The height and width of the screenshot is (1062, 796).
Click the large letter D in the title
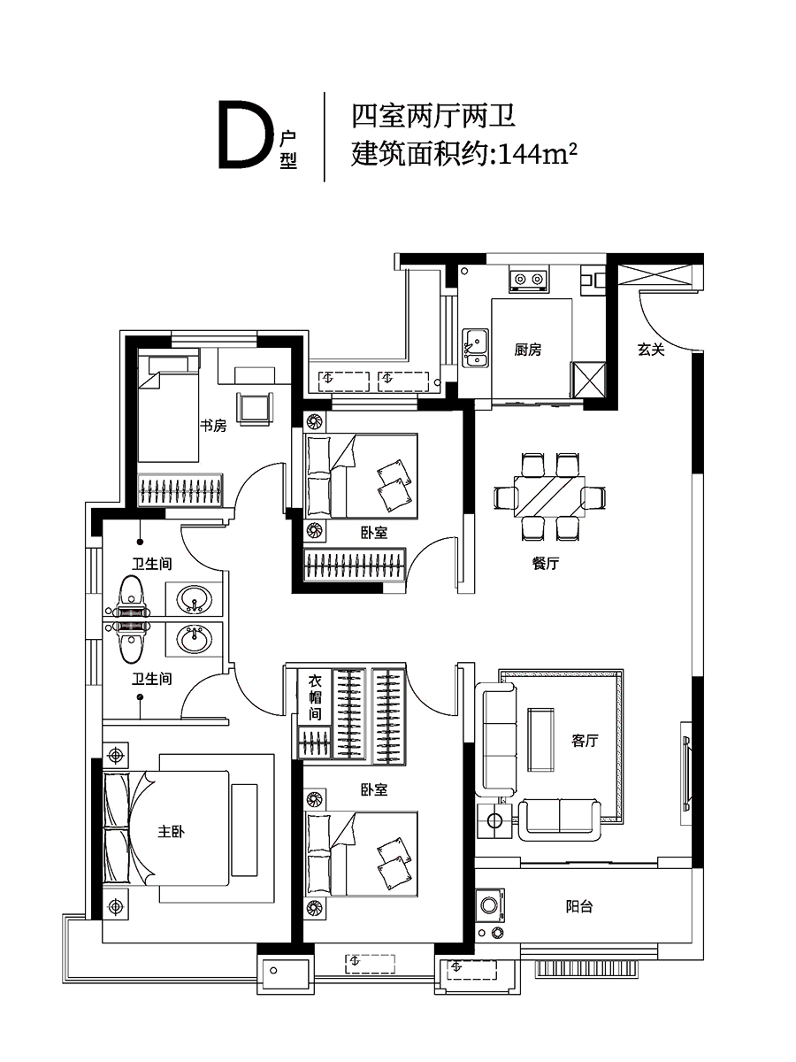click(246, 135)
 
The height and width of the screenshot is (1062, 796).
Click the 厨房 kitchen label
click(528, 350)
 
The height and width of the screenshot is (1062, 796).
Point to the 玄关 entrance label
click(651, 349)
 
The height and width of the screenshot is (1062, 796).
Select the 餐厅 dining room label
click(546, 563)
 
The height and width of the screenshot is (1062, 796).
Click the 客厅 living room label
click(585, 740)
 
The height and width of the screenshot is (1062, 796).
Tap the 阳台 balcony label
click(579, 906)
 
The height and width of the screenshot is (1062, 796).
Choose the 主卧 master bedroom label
click(171, 831)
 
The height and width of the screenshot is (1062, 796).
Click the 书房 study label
click(213, 426)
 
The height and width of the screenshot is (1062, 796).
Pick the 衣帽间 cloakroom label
click(315, 698)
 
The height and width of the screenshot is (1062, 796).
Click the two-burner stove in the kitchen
click(528, 281)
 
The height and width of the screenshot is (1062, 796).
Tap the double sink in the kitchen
click(476, 348)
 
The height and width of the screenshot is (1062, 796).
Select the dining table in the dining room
click(549, 496)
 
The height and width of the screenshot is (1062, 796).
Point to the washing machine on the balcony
click(491, 904)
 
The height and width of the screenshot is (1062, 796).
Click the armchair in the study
click(255, 410)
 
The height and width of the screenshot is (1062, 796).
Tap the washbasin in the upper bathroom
click(195, 599)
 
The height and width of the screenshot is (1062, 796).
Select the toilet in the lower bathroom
click(131, 642)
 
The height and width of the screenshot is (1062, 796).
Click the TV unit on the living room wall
click(685, 773)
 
